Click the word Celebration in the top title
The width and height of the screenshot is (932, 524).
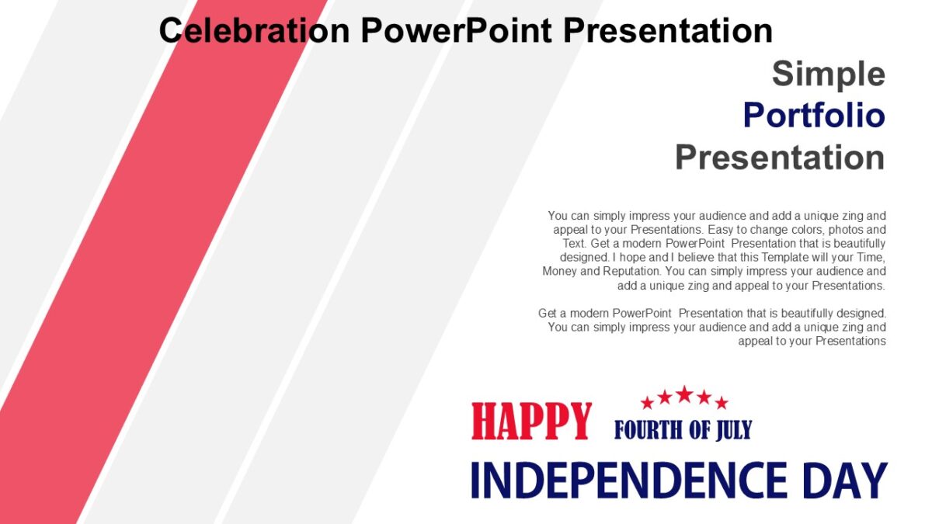[254, 30]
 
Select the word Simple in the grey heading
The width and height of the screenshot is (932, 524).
[828, 74]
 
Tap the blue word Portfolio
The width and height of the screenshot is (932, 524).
[813, 116]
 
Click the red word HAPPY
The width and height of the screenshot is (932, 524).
[531, 422]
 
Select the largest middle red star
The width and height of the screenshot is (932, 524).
[684, 394]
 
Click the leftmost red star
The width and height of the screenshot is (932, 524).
[647, 403]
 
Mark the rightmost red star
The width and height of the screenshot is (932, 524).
[722, 403]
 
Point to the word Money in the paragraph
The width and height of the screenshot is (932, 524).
[558, 272]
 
